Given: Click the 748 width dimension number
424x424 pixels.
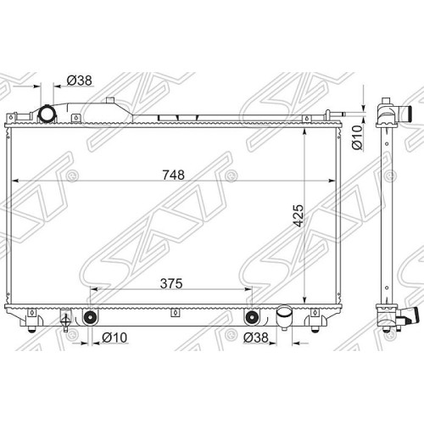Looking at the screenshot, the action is click(x=173, y=175).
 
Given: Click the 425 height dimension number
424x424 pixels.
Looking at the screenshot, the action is click(x=298, y=215).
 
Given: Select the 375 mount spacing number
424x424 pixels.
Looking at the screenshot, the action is click(x=171, y=283).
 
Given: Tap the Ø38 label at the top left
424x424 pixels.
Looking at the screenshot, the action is click(x=80, y=81).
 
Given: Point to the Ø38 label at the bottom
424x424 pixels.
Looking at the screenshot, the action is click(x=255, y=338).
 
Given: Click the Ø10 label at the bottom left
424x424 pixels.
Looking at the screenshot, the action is click(x=114, y=338).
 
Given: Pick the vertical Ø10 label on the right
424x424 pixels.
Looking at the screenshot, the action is click(x=357, y=137).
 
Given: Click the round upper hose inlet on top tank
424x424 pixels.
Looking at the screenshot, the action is click(x=47, y=114).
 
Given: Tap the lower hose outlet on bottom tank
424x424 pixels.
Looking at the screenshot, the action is click(x=285, y=318).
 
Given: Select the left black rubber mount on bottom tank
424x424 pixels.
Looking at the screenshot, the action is click(x=90, y=318).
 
